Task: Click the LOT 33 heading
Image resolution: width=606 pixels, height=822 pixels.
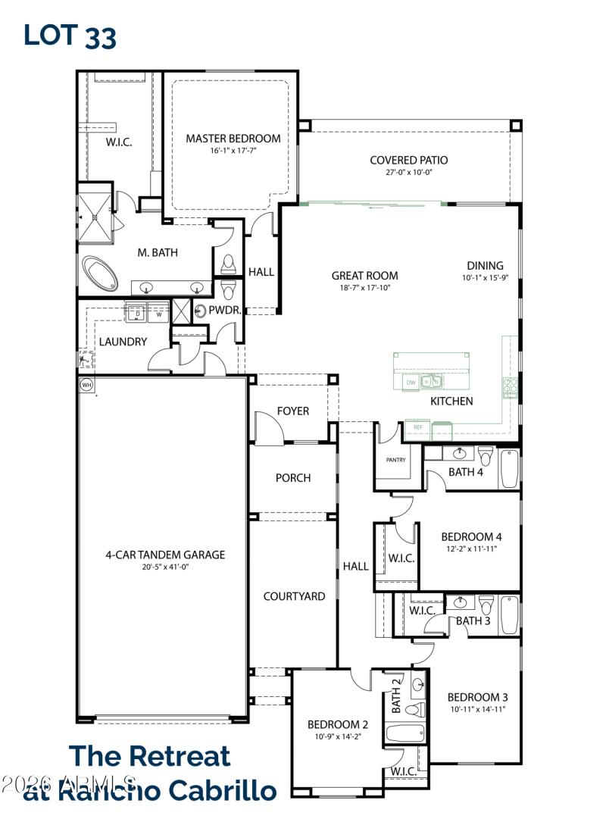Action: point(70,35)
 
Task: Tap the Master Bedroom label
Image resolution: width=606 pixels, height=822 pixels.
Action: point(233,139)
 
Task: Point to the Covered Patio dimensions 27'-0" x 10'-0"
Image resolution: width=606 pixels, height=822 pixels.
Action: point(408,173)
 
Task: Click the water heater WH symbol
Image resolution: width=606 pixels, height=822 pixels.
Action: point(86,384)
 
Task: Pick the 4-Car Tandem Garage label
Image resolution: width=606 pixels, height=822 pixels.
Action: point(165,555)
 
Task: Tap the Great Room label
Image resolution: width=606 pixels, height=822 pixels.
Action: point(364,276)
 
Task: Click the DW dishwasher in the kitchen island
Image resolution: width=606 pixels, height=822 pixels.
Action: point(411,383)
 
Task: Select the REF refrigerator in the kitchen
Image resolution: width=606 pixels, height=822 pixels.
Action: point(417,428)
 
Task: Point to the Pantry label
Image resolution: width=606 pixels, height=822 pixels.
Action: point(395,460)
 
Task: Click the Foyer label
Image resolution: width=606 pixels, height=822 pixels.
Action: point(292,411)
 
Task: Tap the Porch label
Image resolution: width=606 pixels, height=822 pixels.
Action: point(292,478)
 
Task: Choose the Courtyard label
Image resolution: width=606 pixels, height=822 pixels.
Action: point(294,596)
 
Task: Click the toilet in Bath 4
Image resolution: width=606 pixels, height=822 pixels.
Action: point(486,458)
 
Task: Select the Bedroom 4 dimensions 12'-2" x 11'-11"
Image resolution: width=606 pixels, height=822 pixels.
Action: point(471,549)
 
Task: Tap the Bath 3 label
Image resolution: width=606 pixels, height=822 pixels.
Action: point(473,621)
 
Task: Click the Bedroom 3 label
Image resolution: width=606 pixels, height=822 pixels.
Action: point(477,697)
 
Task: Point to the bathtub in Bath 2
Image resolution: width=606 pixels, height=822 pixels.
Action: point(405,733)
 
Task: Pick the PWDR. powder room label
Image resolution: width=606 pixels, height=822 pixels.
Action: point(225,311)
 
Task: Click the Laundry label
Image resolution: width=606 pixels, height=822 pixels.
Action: point(123,342)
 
